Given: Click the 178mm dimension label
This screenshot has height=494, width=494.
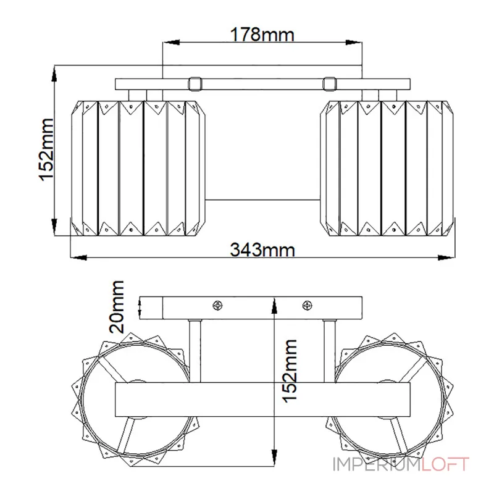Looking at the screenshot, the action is point(262,35).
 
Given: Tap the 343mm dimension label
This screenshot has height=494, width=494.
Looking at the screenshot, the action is point(262,250).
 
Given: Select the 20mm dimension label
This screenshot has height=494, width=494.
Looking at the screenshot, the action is point(116,307).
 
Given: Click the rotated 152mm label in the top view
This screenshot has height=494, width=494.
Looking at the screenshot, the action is point(46,149).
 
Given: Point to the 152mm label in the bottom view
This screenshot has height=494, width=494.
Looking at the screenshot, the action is point(290,371).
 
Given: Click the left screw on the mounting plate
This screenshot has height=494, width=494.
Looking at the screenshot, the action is point(218,305).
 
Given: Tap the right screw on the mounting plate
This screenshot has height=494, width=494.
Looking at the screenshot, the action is point(307,305).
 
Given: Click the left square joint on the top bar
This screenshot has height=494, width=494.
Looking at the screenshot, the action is point(195,84).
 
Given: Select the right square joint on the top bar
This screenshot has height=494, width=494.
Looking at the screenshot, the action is point(330,84).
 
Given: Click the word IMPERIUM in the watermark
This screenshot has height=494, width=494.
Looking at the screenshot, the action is point(377,464).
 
